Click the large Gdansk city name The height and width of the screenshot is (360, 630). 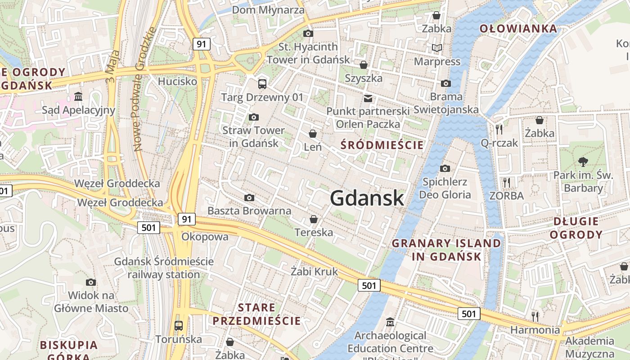click(367, 198)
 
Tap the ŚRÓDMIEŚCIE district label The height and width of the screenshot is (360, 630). click(382, 145)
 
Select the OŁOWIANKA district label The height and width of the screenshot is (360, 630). click(518, 29)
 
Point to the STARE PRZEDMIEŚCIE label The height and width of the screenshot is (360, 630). click(256, 315)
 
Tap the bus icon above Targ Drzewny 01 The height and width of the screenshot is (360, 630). click(262, 84)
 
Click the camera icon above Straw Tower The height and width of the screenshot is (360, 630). click(254, 117)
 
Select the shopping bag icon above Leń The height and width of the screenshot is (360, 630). click(313, 134)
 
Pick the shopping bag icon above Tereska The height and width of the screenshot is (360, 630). click(314, 219)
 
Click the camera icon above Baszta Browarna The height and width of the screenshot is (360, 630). click(249, 198)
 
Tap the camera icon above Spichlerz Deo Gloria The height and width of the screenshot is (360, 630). click(445, 169)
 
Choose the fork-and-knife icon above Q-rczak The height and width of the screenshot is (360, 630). click(499, 130)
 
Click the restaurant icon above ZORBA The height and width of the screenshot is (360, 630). click(506, 182)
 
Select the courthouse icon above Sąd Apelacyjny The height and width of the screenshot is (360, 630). click(78, 97)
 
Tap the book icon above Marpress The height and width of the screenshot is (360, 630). click(436, 48)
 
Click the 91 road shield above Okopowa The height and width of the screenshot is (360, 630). click(187, 219)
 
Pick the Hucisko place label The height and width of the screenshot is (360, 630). click(177, 81)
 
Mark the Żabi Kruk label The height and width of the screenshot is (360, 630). click(314, 271)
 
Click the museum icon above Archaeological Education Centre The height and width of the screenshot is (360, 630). click(390, 322)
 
